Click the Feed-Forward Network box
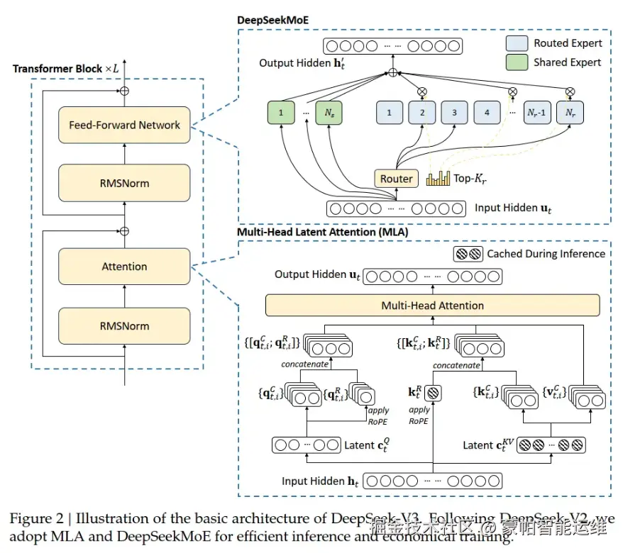[x=124, y=125]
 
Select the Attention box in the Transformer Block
[x=124, y=267]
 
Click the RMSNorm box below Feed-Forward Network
[x=124, y=183]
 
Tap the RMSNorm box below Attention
[x=124, y=326]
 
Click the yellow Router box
[x=396, y=179]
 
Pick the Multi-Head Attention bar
[x=432, y=306]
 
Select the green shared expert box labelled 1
[x=281, y=113]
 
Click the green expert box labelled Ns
[x=329, y=113]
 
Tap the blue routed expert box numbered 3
[x=454, y=113]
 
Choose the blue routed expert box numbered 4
[x=487, y=113]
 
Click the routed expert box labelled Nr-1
[x=535, y=113]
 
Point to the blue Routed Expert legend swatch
[x=517, y=43]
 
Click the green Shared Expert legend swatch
[x=517, y=62]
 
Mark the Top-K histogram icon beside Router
[x=438, y=178]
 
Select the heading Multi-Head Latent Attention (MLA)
[x=323, y=231]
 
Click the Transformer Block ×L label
[x=64, y=69]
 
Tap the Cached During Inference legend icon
[x=468, y=254]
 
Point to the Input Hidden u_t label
[x=511, y=208]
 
